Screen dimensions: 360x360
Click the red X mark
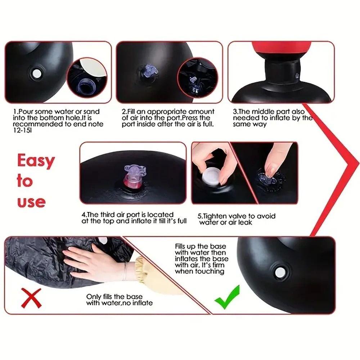pos(31,298)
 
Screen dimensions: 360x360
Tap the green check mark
pos(227,297)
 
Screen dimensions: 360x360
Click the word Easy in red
pos(36,161)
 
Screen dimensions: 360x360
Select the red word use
pos(31,202)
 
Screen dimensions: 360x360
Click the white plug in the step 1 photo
pos(37,74)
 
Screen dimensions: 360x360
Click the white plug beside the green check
pos(280,273)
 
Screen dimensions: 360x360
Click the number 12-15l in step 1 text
pos(22,130)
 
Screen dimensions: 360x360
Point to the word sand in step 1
pos(91,112)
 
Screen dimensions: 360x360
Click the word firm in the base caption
pos(219,265)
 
